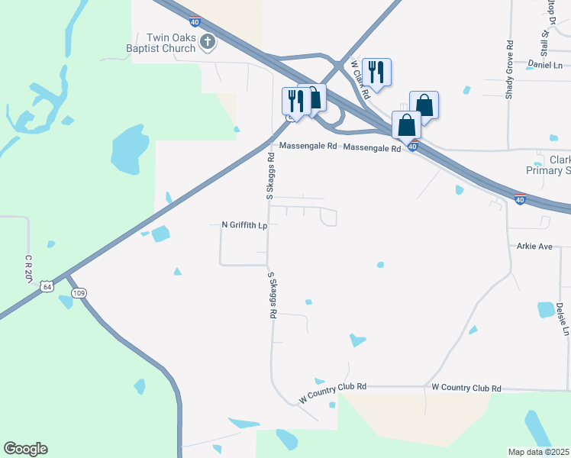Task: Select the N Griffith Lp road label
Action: pyautogui.click(x=244, y=225)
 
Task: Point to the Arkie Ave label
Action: pyautogui.click(x=534, y=247)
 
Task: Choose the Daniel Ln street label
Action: pyautogui.click(x=544, y=66)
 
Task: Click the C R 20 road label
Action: pyautogui.click(x=28, y=267)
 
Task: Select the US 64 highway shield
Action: pyautogui.click(x=48, y=286)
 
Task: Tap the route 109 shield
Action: pyautogui.click(x=79, y=292)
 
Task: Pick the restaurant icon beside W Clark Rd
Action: pyautogui.click(x=376, y=72)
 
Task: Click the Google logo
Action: pyautogui.click(x=25, y=449)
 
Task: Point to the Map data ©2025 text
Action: pyautogui.click(x=539, y=452)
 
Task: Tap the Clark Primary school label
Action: pyautogui.click(x=559, y=166)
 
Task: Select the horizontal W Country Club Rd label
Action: pyautogui.click(x=466, y=388)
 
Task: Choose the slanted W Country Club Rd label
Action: pyautogui.click(x=333, y=393)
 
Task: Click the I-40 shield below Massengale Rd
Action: pyautogui.click(x=412, y=147)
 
